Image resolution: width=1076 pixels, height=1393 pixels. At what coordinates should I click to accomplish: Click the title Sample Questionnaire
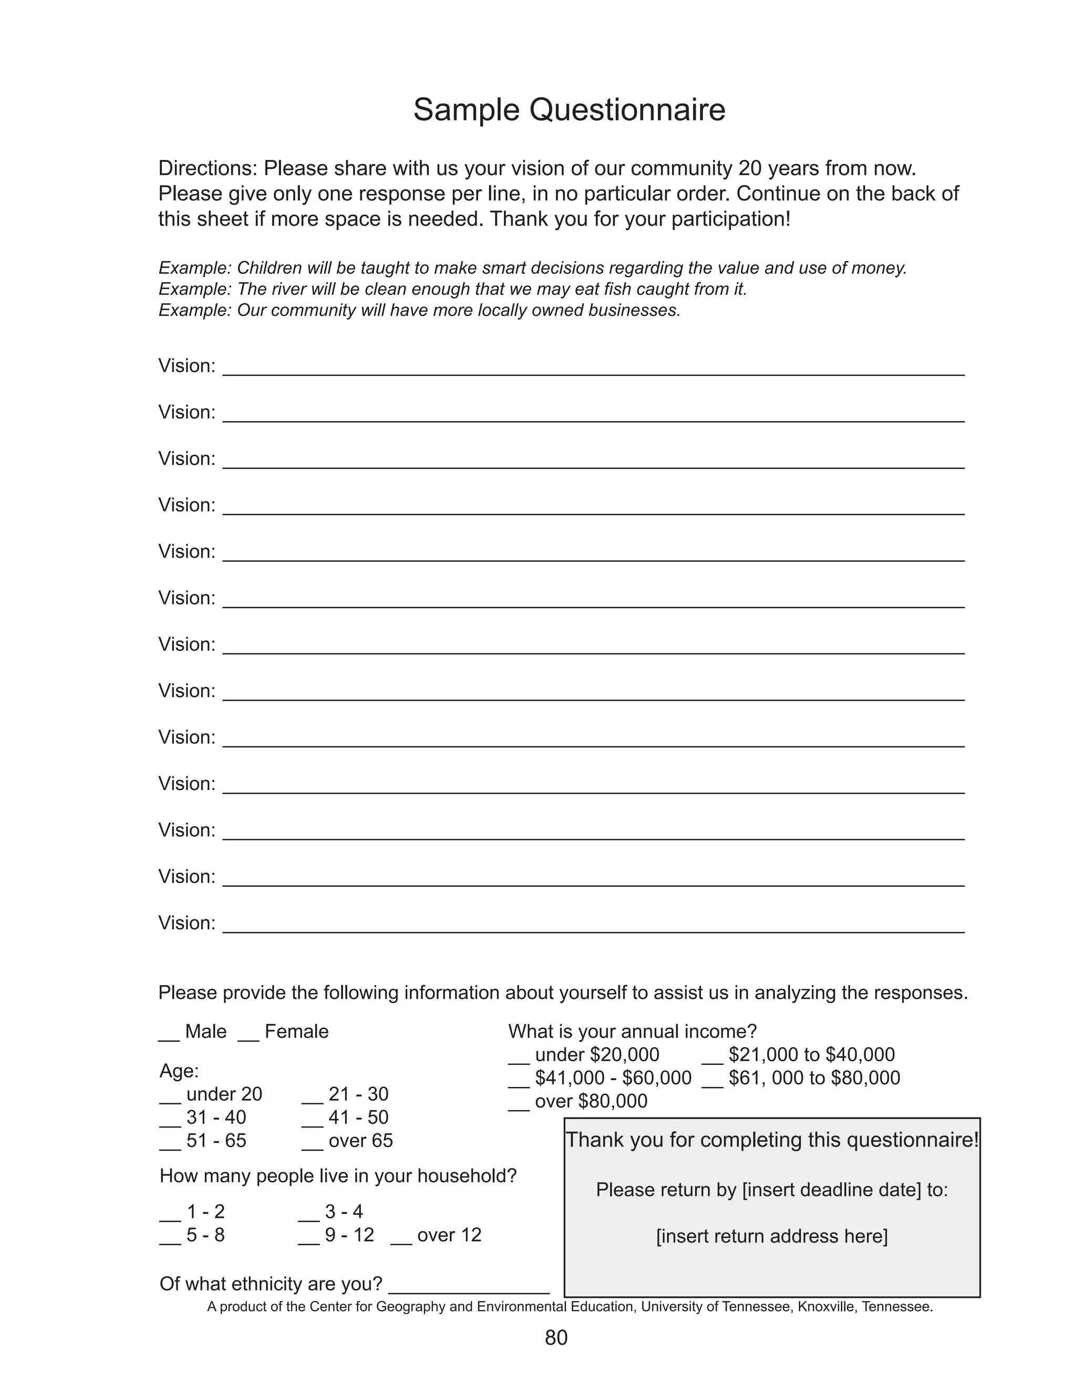pos(568,110)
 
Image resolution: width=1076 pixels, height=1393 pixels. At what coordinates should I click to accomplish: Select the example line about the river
pos(452,289)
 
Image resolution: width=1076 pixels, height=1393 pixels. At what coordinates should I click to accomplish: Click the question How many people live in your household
pos(338,1175)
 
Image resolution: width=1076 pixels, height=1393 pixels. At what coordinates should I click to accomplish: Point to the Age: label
pos(179,1071)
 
